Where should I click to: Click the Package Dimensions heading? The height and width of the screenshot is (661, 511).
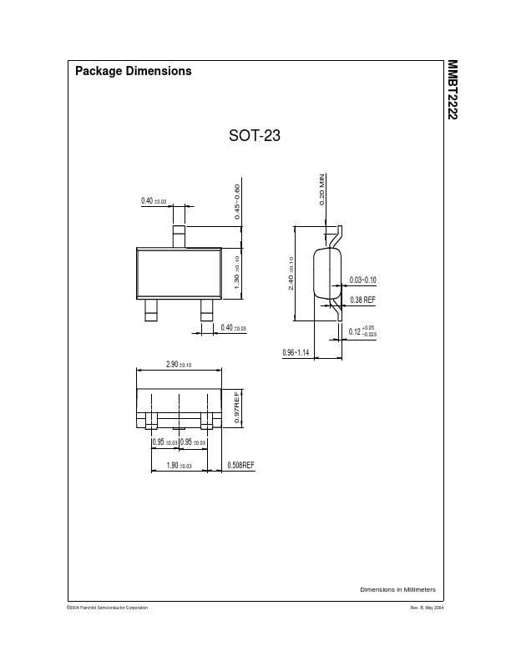134,71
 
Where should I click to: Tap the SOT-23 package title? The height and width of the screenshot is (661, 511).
254,136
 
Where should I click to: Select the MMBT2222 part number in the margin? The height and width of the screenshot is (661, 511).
453,89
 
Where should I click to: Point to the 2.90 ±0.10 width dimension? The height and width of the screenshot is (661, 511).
179,364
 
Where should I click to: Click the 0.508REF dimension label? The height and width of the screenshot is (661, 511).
240,465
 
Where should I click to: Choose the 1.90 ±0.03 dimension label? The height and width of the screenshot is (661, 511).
179,466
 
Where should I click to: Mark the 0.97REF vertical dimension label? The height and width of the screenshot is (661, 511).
237,407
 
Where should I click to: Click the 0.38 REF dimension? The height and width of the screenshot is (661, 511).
362,300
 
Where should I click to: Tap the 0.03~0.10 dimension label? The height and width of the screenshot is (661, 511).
362,280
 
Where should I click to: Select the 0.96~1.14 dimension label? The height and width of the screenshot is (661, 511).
296,352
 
